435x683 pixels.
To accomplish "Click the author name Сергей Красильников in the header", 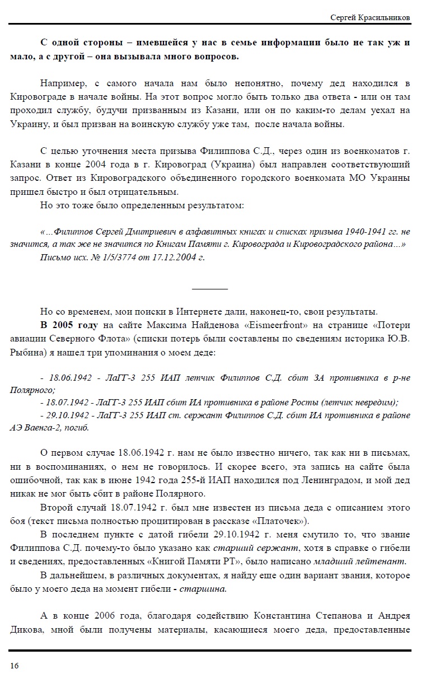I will (371, 18).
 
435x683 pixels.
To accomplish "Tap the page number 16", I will (14, 665).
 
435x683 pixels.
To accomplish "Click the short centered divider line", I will (210, 289).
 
